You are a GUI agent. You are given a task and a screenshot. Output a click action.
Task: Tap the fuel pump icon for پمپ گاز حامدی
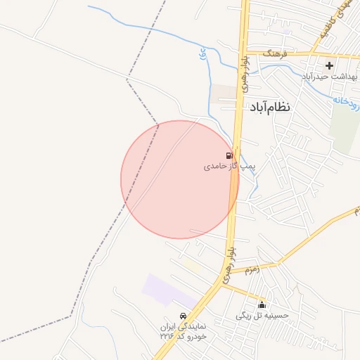[x=230, y=155]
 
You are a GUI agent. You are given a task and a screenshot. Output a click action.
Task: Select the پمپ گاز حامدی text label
[x=226, y=167]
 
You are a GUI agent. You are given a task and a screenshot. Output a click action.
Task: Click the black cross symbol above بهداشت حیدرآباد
[x=329, y=65]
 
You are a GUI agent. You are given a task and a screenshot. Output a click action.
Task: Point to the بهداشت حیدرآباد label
[x=330, y=76]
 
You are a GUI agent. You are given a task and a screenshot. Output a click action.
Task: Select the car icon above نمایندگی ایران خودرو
[x=184, y=316]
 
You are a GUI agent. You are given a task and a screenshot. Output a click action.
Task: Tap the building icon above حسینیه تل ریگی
[x=262, y=305]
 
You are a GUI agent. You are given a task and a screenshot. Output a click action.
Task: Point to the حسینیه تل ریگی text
[x=262, y=316]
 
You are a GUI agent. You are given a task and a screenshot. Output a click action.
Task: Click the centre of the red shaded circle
[x=179, y=179]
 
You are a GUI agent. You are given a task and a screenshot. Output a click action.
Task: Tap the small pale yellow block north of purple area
[x=193, y=266]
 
